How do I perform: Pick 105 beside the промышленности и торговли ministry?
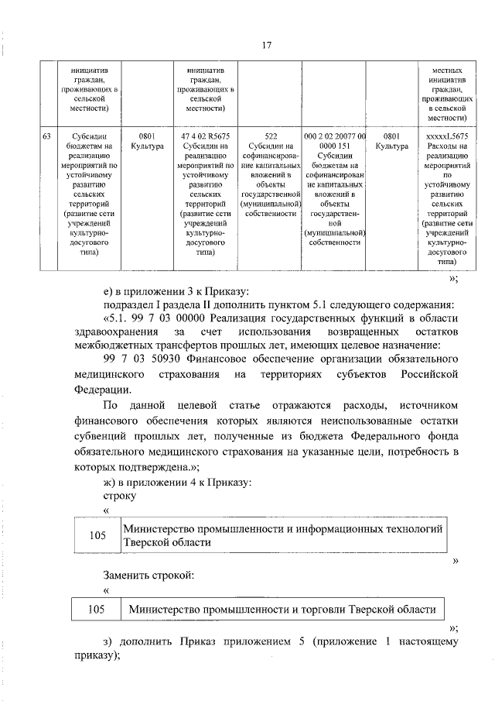[97, 610]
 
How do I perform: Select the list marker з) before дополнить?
[108, 642]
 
